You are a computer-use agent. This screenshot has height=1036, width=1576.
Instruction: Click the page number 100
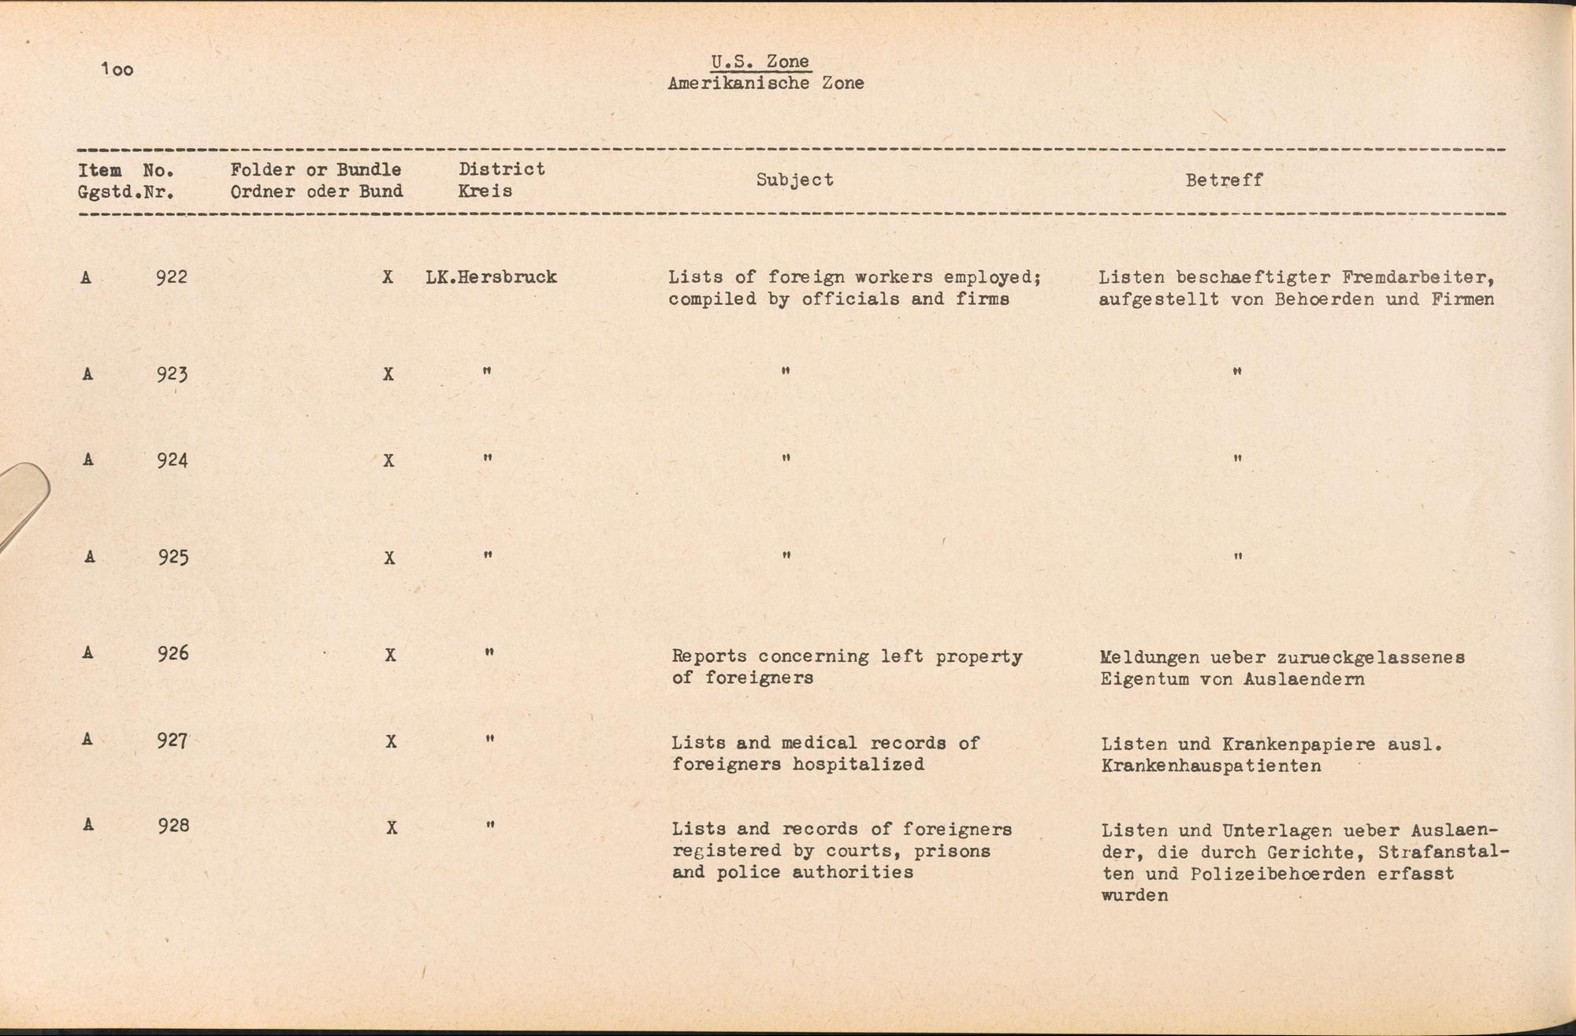coord(117,70)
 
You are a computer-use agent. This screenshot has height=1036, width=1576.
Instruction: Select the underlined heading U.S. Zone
coord(760,61)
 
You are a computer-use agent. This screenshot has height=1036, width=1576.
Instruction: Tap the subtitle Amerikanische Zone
coord(765,83)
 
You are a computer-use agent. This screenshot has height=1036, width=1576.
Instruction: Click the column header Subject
coord(794,180)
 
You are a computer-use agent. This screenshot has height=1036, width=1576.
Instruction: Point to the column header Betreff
coord(1224,180)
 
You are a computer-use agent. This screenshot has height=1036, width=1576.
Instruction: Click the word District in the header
coord(502,169)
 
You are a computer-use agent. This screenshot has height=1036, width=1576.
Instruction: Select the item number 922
coord(172,277)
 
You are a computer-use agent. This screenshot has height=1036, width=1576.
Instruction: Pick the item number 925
coord(173,558)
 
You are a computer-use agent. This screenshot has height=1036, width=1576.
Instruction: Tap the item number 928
coord(173,826)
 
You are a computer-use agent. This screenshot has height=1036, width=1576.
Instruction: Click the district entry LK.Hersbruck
coord(491,277)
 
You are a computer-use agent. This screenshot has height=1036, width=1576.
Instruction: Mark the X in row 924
coord(388,461)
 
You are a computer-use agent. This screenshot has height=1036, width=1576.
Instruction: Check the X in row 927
coord(391,742)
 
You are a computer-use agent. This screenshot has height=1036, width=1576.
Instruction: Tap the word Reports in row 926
coord(709,656)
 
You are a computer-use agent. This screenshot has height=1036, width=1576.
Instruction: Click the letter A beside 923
coord(87,374)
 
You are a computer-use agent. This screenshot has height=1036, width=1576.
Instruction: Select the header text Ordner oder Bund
coord(316,191)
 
